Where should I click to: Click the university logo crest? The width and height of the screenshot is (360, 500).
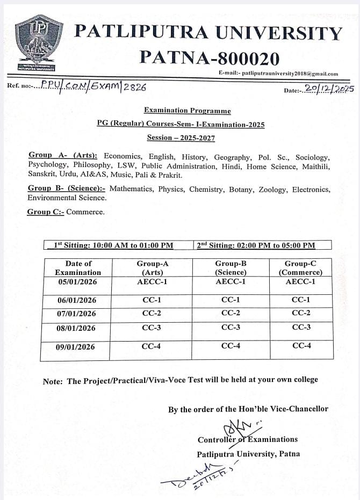coord(36,43)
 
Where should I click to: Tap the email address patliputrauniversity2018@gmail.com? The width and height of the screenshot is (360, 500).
coord(290,74)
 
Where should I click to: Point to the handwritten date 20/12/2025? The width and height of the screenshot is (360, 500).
coord(329,89)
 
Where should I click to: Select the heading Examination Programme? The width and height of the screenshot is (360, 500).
coord(187,111)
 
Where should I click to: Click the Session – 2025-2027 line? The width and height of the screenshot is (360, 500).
coord(181,138)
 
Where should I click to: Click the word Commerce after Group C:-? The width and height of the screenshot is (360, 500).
coord(85,212)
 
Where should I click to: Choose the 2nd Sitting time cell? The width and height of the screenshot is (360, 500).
coord(256,245)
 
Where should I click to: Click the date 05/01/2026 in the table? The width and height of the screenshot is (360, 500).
coord(76,281)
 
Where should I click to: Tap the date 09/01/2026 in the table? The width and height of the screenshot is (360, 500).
coord(76,347)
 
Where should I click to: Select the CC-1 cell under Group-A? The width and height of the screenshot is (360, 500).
coord(152,300)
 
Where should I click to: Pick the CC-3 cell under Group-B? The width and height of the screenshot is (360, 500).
coord(231,328)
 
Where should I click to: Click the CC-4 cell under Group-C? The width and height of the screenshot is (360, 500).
coord(301,346)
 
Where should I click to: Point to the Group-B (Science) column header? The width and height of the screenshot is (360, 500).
coord(231,267)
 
